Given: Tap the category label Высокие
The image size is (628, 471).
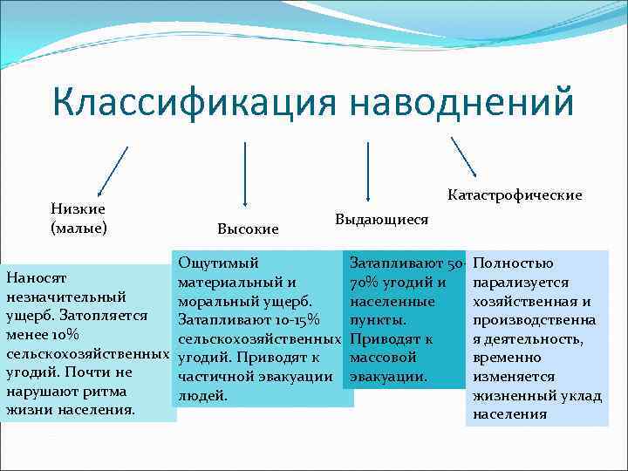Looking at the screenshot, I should (248, 229).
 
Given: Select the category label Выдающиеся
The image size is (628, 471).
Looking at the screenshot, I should (381, 219).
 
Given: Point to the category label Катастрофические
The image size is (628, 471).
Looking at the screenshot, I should (515, 195).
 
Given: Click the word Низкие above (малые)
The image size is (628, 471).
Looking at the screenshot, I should (78, 208).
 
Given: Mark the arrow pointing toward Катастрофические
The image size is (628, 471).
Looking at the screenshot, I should (463, 160).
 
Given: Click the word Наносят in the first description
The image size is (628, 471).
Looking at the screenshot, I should (36, 278).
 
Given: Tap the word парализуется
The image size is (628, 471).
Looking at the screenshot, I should (520, 282).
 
